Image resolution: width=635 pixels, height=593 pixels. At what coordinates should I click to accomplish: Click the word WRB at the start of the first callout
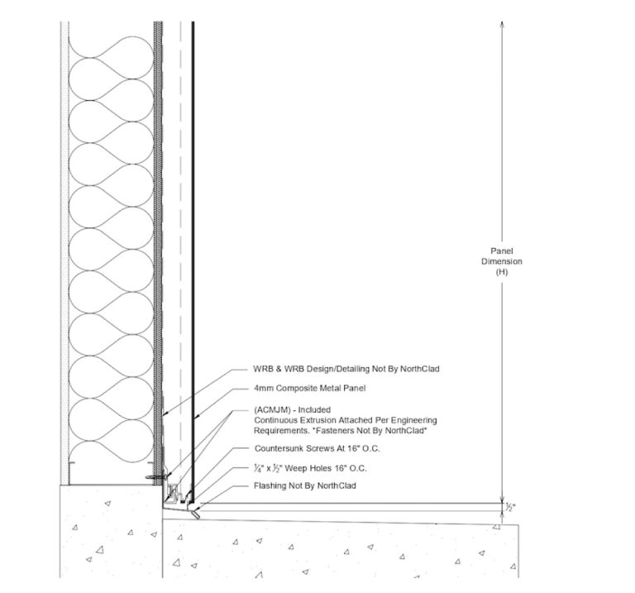click(261, 369)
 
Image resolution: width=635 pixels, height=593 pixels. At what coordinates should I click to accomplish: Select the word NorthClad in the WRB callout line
click(419, 369)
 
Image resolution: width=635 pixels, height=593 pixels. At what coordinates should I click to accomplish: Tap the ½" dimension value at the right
click(510, 507)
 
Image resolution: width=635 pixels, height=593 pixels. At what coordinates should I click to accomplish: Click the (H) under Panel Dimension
click(502, 272)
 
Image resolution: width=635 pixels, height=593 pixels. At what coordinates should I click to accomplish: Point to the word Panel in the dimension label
click(502, 251)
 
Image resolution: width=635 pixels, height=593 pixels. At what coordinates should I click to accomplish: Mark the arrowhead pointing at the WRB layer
click(165, 414)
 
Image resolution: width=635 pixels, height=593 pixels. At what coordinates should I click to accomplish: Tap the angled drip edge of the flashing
click(196, 514)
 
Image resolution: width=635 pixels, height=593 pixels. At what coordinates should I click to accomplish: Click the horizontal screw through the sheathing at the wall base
click(157, 477)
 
